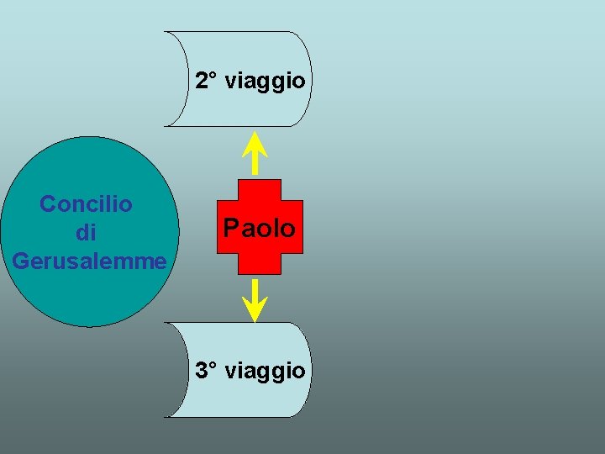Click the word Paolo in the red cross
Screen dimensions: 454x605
[x=259, y=228]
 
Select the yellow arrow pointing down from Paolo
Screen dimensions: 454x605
[x=255, y=298]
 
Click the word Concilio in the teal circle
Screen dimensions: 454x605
[x=86, y=203]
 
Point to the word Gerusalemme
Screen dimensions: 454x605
[x=89, y=261]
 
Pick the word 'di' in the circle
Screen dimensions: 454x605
[x=86, y=232]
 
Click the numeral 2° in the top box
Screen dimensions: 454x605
[x=206, y=81]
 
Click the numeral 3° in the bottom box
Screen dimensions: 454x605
[x=206, y=370]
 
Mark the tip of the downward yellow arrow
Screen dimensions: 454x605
[x=255, y=319]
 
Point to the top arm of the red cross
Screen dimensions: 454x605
[x=260, y=189]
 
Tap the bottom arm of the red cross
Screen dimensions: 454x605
[x=260, y=265]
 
